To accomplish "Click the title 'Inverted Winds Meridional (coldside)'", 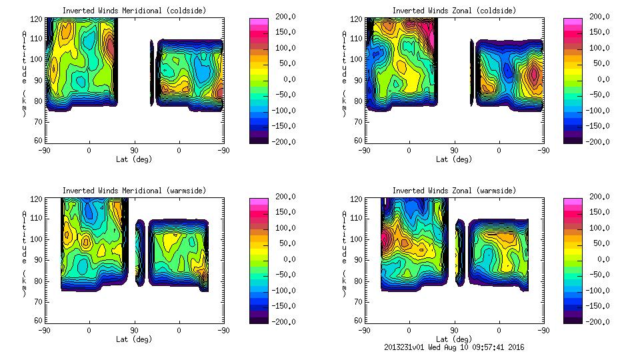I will click(x=134, y=11).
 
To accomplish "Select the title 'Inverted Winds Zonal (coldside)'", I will click(x=454, y=11).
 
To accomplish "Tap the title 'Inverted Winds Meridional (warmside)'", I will click(x=134, y=191).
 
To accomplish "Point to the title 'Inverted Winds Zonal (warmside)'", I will click(x=454, y=191).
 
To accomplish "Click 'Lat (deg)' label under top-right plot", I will click(x=454, y=159).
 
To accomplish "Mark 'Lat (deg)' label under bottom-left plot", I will click(x=134, y=339).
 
